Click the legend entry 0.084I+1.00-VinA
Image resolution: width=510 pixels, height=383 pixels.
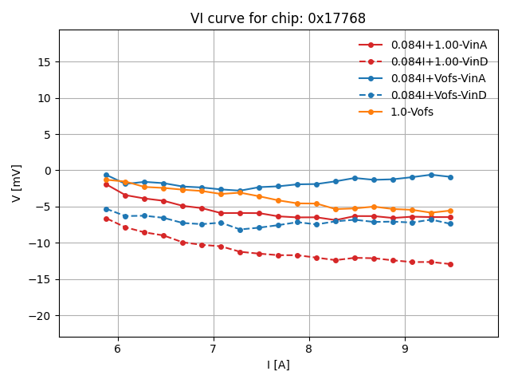[439, 45]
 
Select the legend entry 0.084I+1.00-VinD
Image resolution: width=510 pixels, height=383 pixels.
[439, 61]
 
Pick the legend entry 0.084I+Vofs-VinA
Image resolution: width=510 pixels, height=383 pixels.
[437, 78]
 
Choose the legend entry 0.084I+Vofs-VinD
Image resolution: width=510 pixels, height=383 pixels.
[437, 95]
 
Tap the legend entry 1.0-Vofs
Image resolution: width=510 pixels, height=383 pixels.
[412, 112]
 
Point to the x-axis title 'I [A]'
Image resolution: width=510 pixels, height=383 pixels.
[278, 365]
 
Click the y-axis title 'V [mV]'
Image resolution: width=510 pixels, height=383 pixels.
[17, 183]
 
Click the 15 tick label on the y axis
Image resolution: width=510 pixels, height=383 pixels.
[45, 62]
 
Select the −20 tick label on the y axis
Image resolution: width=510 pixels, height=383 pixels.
[40, 315]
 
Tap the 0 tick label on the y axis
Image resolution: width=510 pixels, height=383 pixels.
[48, 171]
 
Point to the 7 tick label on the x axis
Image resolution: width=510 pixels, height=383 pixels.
[214, 349]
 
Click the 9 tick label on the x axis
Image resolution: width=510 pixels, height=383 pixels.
[405, 349]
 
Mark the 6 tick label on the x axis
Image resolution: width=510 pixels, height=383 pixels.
[118, 349]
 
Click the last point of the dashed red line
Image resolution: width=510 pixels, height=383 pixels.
[450, 264]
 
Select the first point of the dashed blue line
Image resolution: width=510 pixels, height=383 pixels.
[106, 209]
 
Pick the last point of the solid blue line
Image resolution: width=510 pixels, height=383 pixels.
[450, 177]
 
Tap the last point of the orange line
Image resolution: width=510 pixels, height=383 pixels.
[450, 211]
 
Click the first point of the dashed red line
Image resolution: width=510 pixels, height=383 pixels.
[106, 219]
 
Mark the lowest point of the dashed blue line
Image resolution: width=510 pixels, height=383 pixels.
[240, 230]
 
